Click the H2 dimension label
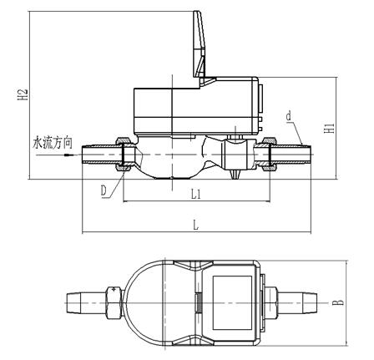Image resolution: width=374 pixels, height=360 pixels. click(23, 94)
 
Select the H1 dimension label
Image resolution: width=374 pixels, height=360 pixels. click(330, 128)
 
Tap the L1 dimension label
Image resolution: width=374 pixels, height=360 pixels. click(196, 195)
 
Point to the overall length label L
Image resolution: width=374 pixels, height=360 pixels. click(196, 225)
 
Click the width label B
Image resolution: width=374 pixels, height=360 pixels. click(338, 302)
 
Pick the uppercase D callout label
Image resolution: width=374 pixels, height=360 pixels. click(104, 190)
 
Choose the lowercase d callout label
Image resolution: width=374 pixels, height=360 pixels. click(289, 115)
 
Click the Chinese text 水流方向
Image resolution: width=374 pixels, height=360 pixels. click(53, 143)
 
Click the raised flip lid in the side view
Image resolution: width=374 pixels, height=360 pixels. click(200, 44)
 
